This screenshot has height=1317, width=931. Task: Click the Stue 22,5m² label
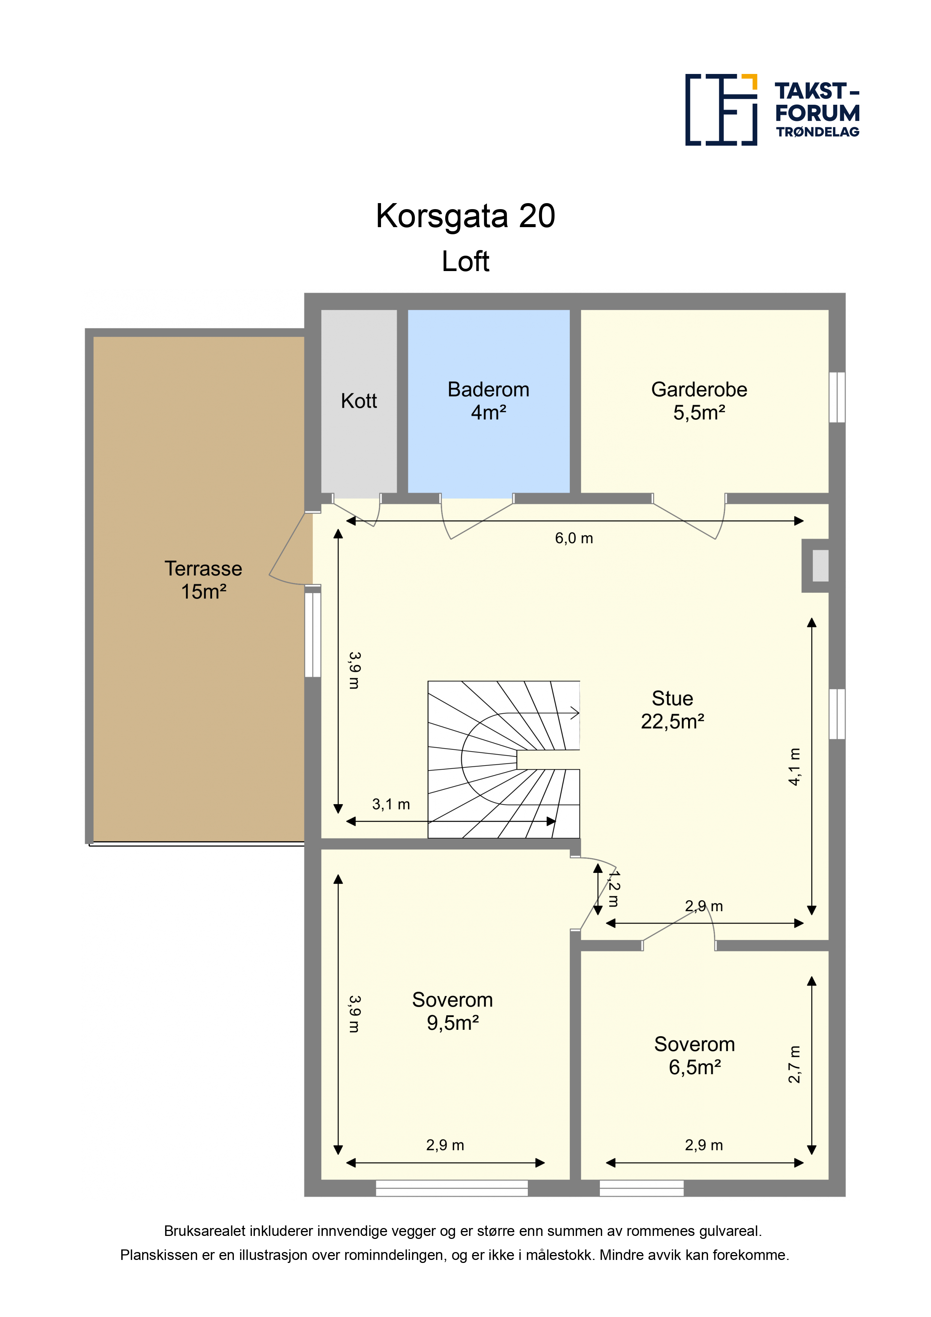[x=672, y=710]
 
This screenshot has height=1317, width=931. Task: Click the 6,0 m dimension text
[x=574, y=538]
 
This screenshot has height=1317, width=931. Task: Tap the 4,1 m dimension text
[x=794, y=766]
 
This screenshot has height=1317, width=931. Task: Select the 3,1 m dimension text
[x=391, y=804]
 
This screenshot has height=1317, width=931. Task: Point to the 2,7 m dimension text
[x=794, y=1064]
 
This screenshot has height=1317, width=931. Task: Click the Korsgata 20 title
[x=465, y=216]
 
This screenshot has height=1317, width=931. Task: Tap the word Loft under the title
[x=465, y=262]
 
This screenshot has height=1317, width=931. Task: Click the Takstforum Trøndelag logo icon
[x=721, y=110]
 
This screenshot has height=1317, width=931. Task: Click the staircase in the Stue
[x=504, y=759]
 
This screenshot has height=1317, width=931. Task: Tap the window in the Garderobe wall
[x=837, y=398]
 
